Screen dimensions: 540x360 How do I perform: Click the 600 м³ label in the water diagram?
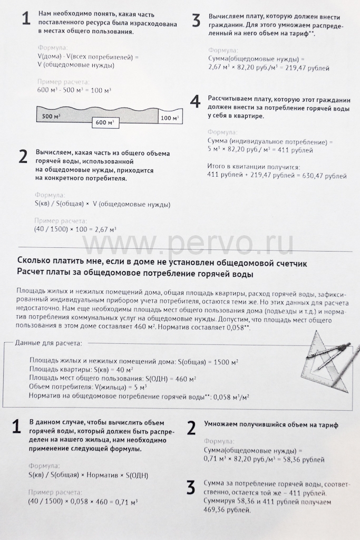tap(104, 122)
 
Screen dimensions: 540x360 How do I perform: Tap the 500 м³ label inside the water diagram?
tap(51, 115)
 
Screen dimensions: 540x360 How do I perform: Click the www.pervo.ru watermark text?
tap(187, 244)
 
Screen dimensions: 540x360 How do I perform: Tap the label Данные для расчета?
tap(48, 343)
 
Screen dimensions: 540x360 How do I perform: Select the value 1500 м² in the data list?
tap(222, 361)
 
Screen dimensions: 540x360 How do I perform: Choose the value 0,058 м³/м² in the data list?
tap(230, 397)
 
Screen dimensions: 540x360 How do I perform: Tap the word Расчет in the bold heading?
tap(33, 274)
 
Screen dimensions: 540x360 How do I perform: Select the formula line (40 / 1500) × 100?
tap(75, 229)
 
